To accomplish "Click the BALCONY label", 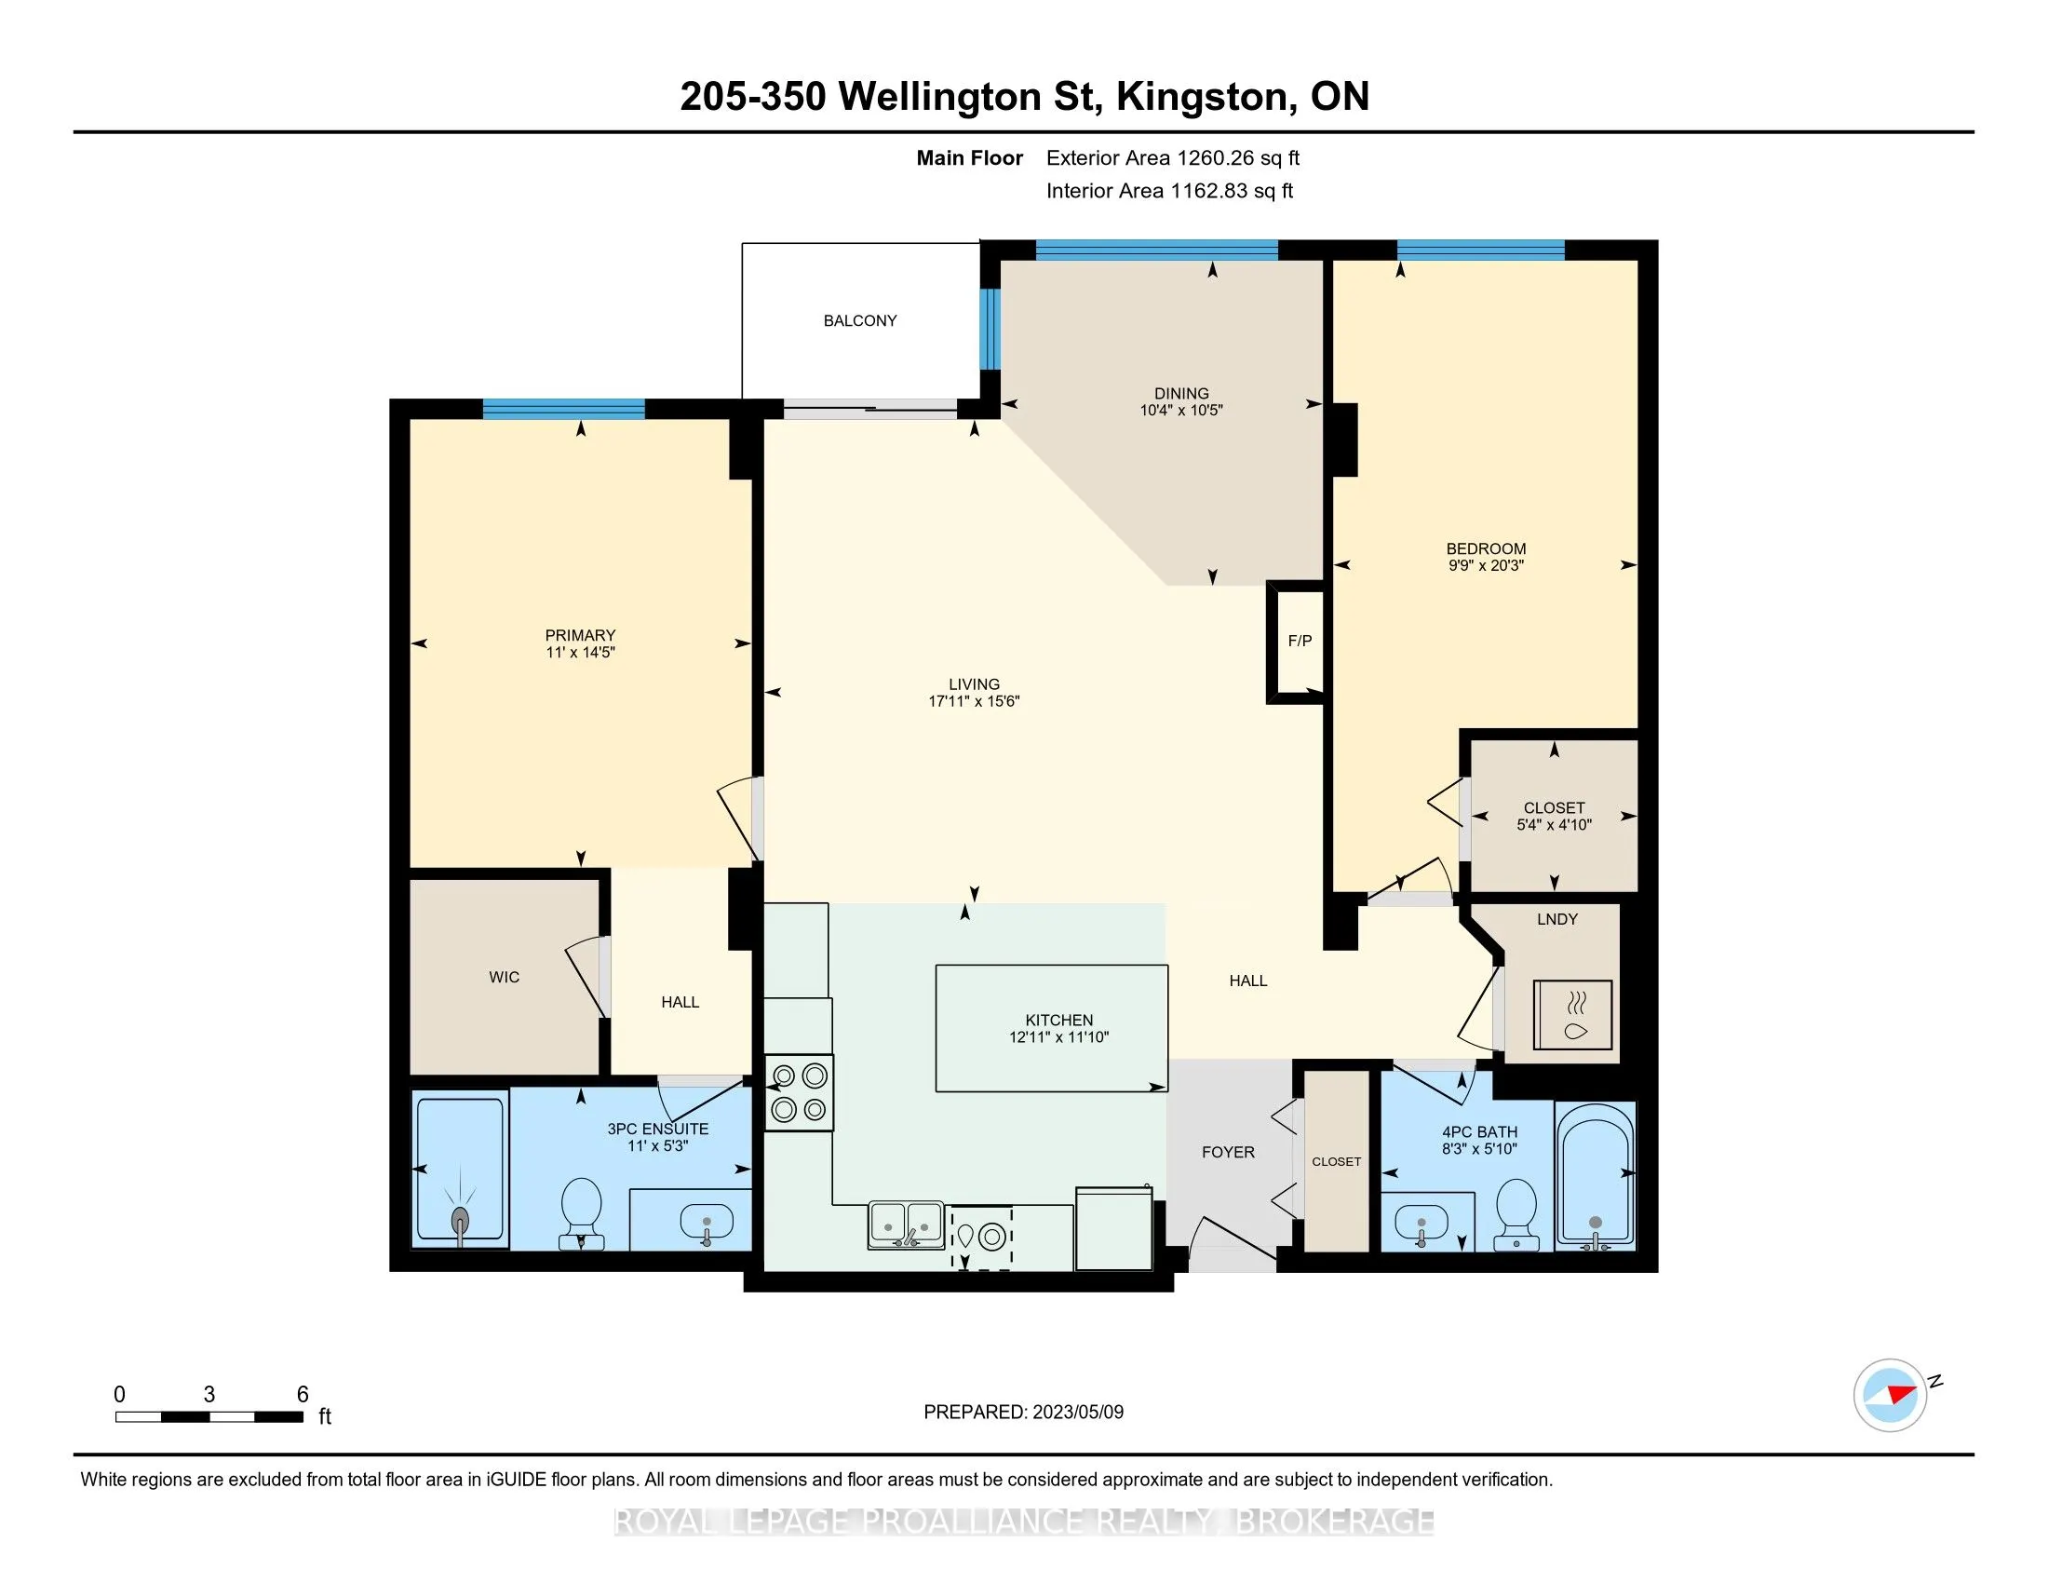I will (860, 320).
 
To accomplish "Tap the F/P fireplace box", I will (1299, 643).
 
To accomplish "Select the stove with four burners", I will (799, 1092).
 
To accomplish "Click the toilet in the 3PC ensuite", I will (581, 1212).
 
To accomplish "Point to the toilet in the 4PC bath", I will (1516, 1212).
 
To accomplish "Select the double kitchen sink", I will (906, 1224).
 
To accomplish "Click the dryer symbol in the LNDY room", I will (1572, 1016).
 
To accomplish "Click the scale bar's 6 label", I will (303, 1395).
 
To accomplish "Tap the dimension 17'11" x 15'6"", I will (974, 701).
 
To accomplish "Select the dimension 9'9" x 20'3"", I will (1486, 565).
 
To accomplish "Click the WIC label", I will (504, 977).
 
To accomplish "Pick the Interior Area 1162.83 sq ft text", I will (1169, 191).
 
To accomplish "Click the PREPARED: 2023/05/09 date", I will (1023, 1413).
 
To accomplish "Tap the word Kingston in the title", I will (1201, 97).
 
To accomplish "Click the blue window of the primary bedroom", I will (563, 409).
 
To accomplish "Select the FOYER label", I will (1228, 1153).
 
